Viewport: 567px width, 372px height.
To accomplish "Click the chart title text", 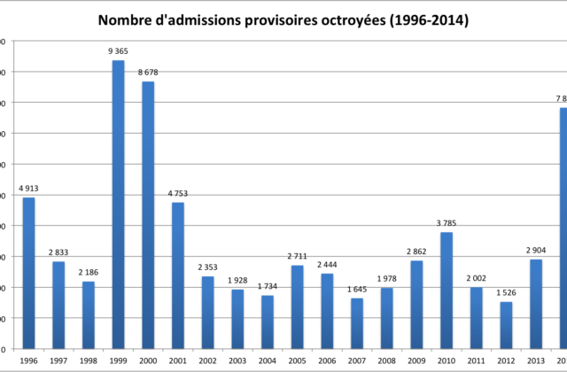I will [283, 19].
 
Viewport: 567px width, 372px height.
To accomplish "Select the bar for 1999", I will [118, 204].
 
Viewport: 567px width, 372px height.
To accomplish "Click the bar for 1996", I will [28, 273].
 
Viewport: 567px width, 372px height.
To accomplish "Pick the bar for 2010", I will [447, 291].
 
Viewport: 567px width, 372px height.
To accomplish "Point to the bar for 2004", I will [268, 322].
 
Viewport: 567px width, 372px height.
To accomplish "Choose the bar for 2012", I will [506, 325].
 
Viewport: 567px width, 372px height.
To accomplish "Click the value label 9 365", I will [118, 51].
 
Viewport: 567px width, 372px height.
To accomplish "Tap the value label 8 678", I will [148, 73].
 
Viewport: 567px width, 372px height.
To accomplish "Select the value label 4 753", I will [177, 193].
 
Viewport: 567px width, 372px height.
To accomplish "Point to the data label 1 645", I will [357, 289].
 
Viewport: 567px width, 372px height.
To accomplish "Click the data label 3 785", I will [447, 222].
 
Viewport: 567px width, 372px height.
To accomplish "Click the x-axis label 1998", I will [88, 361].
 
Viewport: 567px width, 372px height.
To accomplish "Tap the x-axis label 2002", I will [207, 361].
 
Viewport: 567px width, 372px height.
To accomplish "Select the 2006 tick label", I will [327, 361].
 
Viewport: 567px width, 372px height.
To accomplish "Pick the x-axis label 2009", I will [416, 361].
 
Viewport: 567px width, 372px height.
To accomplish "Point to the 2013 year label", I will [536, 361].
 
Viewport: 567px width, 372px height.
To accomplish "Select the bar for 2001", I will [177, 275].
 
